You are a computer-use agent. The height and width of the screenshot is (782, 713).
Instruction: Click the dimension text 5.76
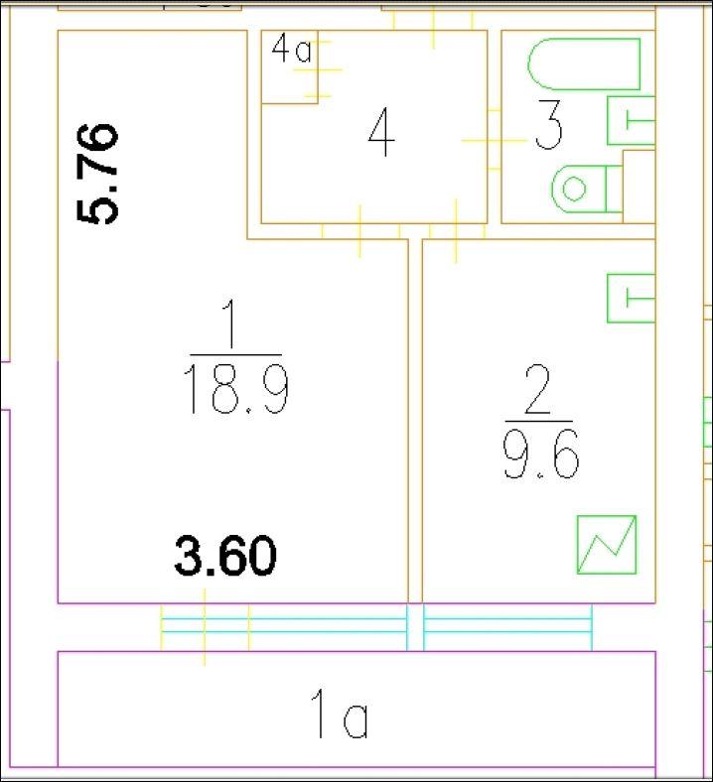tap(97, 174)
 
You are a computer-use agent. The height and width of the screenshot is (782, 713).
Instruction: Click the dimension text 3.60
tap(225, 556)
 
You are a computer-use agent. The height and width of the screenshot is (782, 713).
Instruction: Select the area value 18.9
tap(236, 390)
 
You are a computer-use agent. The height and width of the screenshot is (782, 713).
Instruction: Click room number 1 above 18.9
tap(230, 324)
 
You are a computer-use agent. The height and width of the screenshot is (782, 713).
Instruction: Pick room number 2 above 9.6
tap(538, 389)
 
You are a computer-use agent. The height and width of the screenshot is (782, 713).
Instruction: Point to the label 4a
tap(292, 50)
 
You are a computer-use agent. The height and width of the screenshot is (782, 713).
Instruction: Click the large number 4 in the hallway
tap(381, 132)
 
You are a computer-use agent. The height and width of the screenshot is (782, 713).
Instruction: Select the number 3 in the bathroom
tap(548, 125)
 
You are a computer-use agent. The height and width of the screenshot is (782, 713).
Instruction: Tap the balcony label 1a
tap(340, 714)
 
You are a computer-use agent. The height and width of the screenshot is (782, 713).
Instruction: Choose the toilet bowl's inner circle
tap(574, 189)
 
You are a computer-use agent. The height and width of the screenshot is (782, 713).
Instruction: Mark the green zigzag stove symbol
tap(607, 545)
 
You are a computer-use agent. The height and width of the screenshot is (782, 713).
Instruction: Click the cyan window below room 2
tap(507, 626)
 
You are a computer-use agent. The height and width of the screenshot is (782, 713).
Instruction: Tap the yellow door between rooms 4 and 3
tap(494, 140)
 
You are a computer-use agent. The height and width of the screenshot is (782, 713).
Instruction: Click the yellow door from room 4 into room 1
tap(360, 231)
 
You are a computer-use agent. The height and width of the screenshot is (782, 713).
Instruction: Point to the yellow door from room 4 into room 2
tap(456, 231)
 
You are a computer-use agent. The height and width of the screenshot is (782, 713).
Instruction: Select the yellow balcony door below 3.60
tap(205, 627)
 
